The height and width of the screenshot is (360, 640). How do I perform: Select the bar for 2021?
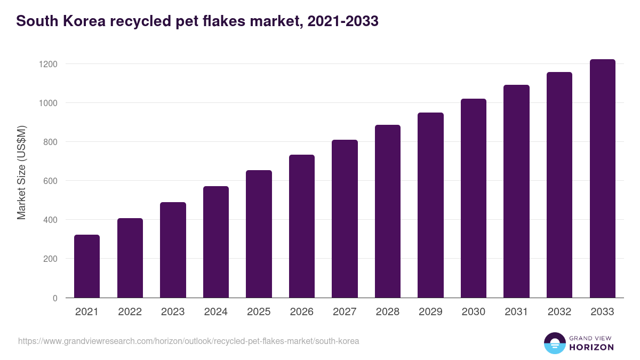(87, 266)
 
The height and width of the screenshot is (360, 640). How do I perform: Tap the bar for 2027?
(345, 219)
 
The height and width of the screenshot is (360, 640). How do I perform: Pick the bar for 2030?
(474, 198)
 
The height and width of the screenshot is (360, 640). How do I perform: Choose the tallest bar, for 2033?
(602, 178)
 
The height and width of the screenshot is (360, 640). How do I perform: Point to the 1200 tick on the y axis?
(47, 64)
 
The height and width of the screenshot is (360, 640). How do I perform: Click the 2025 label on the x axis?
(259, 312)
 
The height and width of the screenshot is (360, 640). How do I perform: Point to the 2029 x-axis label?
(430, 312)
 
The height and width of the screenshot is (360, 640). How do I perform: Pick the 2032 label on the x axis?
(559, 312)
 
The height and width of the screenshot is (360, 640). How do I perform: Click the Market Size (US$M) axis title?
(21, 172)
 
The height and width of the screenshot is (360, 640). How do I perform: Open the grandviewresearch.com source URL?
(188, 341)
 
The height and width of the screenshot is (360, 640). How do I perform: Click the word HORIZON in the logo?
(591, 347)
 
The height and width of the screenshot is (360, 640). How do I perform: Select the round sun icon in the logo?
(554, 343)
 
